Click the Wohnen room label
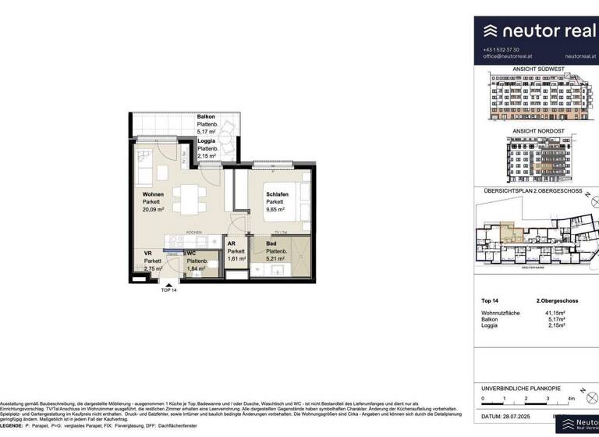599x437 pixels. click(153, 194)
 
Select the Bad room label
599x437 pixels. click(271, 244)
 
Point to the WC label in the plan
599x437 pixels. click(191, 253)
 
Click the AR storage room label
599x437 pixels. click(232, 243)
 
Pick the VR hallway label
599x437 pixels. click(147, 253)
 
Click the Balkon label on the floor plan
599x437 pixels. click(206, 116)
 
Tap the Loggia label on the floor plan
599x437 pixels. click(207, 140)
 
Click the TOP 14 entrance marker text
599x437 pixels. click(169, 290)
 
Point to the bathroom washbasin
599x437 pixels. click(275, 272)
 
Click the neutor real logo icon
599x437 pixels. click(491, 31)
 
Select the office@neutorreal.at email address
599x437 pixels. click(508, 57)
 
